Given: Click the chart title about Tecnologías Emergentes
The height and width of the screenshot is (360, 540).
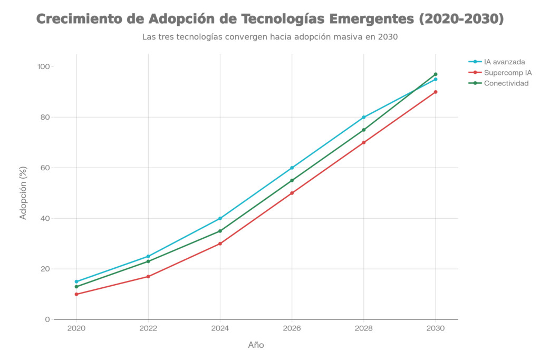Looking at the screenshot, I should (269, 20).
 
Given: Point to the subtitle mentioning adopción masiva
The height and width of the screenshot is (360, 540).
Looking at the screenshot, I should (269, 37).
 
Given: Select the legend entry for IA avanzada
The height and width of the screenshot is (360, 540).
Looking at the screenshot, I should (504, 62).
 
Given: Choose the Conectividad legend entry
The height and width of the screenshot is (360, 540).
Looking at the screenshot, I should (506, 83).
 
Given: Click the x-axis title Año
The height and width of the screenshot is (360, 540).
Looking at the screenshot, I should (256, 345).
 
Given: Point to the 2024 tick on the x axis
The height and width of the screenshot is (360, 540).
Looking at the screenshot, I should (220, 328).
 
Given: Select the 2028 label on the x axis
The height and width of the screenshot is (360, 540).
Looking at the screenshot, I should (363, 328).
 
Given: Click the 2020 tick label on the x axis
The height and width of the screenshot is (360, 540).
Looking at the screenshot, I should (76, 328).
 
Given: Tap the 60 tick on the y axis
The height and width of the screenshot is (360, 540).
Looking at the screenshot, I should (44, 168).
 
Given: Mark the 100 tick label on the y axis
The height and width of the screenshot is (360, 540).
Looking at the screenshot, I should (42, 67).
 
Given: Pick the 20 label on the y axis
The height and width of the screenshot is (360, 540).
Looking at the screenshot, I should (44, 269).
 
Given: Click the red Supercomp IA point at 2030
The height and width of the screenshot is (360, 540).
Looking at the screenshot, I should (435, 92).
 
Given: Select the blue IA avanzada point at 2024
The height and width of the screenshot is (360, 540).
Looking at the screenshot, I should (220, 218).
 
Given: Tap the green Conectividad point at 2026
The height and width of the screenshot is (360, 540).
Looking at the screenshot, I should (292, 180).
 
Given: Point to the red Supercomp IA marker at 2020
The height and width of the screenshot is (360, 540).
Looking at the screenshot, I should (76, 294).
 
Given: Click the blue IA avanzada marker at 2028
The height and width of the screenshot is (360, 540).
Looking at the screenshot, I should (363, 117).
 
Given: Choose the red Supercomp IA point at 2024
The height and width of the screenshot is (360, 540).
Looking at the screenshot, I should (220, 244).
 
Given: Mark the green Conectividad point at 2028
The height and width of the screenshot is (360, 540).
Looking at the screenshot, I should (363, 130).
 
